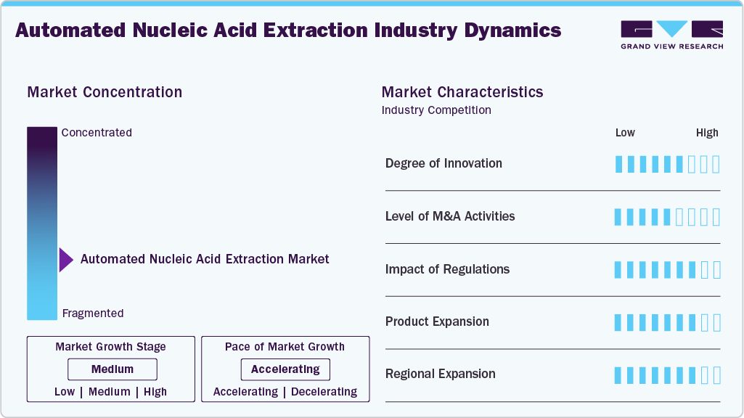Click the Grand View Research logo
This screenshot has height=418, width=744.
point(671,35)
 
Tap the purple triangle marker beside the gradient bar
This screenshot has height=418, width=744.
point(66,259)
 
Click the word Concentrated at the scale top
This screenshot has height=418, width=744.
point(97,133)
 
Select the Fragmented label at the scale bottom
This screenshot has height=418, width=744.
point(93,313)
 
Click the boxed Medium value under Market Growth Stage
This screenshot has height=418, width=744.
point(112,369)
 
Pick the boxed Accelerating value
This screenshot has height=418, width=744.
point(285,369)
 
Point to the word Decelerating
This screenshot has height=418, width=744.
point(324,392)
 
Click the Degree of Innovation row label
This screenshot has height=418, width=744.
point(443,163)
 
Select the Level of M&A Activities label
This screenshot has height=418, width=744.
point(450,216)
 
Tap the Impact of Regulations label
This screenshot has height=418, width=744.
point(447,269)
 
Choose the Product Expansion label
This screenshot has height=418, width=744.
point(437,321)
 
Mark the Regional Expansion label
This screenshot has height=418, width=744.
point(440,374)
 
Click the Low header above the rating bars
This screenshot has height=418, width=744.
point(625,133)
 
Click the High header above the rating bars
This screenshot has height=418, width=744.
point(707,133)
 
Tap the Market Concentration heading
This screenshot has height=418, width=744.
point(105,92)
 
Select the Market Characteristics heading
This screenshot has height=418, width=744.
point(462,92)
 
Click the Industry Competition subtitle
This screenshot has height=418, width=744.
point(436,110)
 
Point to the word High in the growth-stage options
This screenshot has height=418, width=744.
point(155,392)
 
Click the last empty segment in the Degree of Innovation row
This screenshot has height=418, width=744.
point(716,164)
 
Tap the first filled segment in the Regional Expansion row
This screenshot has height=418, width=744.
point(618,375)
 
